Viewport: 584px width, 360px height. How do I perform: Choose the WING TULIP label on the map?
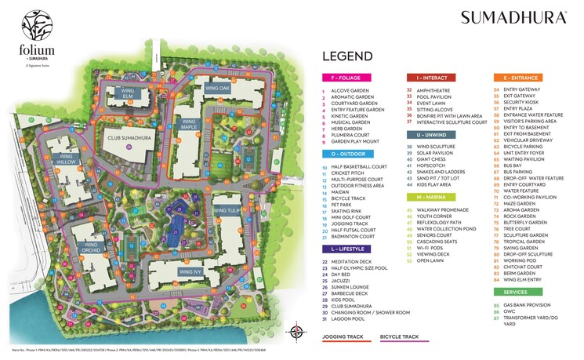tap(228, 210)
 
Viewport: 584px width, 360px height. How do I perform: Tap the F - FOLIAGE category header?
tap(346, 78)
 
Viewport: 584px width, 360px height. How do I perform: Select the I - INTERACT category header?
tap(428, 78)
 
